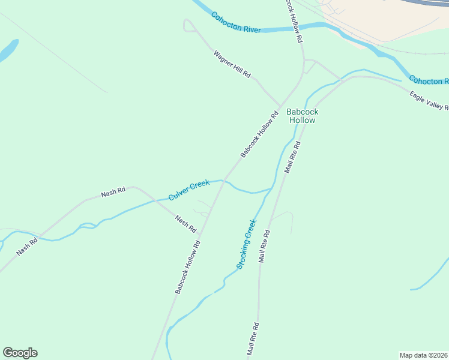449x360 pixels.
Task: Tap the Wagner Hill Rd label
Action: (x=232, y=63)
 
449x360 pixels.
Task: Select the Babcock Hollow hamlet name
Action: (x=302, y=116)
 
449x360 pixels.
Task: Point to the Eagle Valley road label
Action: (x=429, y=101)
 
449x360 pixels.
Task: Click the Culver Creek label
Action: (x=189, y=191)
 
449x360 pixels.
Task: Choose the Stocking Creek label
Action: (x=246, y=244)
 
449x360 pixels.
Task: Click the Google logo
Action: (x=20, y=353)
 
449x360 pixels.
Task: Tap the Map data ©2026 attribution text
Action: (x=424, y=355)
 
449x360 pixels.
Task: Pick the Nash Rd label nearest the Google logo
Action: (x=27, y=247)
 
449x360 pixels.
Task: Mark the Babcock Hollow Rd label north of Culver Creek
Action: (x=260, y=134)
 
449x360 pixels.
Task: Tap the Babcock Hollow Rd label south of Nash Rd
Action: (x=187, y=267)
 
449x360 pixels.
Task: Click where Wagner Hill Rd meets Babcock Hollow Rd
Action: (x=280, y=106)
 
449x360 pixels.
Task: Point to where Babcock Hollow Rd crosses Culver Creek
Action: (x=224, y=180)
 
